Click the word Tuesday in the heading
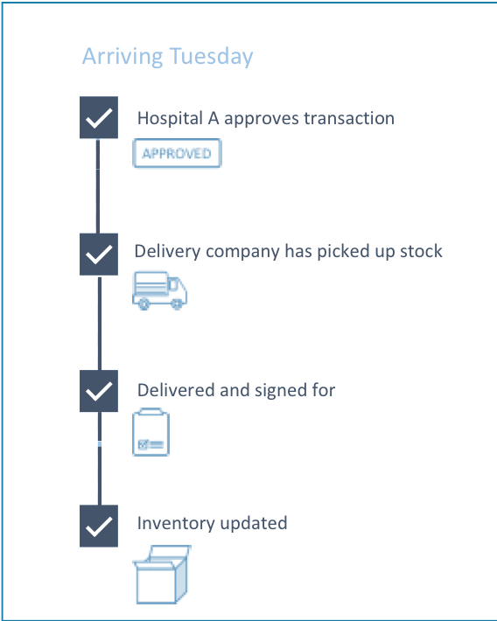(211, 57)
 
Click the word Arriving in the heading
(122, 57)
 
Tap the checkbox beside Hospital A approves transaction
(99, 117)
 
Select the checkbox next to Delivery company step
(99, 255)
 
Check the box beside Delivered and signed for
(99, 391)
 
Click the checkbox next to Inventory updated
(99, 526)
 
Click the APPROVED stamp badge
(177, 153)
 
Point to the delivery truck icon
(159, 290)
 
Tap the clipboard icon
(151, 432)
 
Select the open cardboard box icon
(161, 575)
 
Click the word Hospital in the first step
(170, 118)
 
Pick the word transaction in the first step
(349, 118)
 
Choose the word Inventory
(176, 524)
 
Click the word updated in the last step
(254, 524)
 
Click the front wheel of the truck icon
(177, 304)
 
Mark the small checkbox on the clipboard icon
(143, 445)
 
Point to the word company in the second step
(242, 252)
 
